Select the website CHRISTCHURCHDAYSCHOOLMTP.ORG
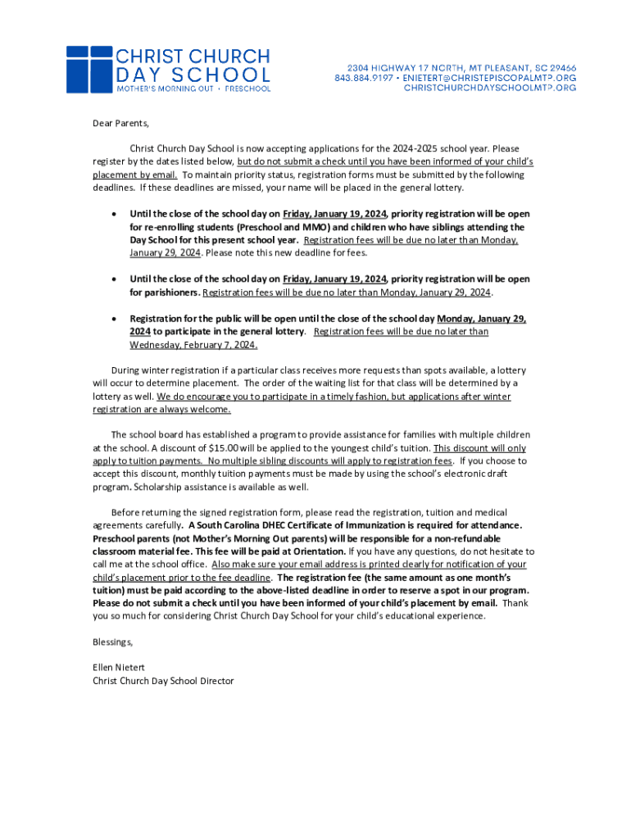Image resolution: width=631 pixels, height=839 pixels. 490,88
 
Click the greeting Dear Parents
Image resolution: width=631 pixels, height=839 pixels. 120,124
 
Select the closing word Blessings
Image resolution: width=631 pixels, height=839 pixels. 112,642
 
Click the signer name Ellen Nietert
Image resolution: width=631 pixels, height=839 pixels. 119,668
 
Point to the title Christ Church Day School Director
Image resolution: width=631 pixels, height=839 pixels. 163,681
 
